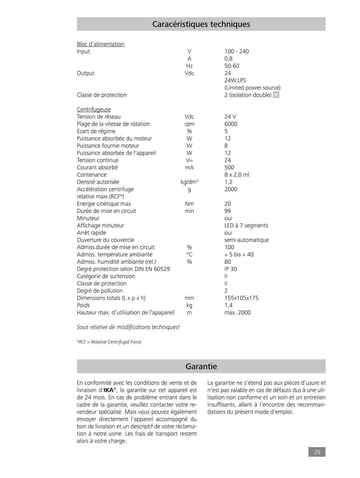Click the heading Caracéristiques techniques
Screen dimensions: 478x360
tap(201, 24)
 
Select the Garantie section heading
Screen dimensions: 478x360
tap(201, 366)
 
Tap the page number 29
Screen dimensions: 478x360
tap(317, 452)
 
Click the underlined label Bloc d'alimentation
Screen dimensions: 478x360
tap(100, 44)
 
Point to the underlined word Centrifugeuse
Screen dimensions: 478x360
tap(94, 109)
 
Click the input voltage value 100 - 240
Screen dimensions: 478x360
tap(236, 51)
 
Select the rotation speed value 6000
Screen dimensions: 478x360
tap(231, 124)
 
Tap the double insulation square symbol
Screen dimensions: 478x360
tap(276, 95)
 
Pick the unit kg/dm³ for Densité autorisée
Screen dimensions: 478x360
tap(189, 182)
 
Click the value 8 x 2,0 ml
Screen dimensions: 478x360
tap(237, 175)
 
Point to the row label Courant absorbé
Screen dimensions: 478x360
tap(97, 167)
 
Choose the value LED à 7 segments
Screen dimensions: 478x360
tap(246, 226)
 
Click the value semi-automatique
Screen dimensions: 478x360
tap(247, 240)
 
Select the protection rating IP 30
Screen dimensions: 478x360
tap(230, 269)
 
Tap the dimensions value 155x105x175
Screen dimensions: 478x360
tap(241, 298)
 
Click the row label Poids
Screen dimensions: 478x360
tap(83, 305)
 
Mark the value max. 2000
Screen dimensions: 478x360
tap(237, 312)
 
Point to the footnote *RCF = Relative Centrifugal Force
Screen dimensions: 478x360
tap(109, 342)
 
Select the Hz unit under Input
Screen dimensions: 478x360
tap(189, 66)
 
